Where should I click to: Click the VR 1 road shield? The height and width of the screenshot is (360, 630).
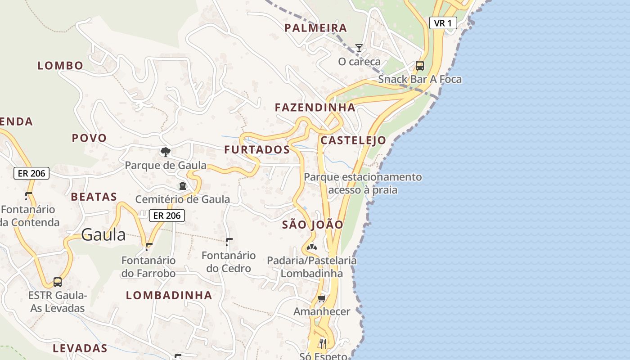pos(443,23)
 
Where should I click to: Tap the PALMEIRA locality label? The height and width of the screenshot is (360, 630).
pos(315,28)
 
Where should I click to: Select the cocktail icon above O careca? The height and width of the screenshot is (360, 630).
pos(359,48)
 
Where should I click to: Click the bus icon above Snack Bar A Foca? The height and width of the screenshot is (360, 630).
pos(420,66)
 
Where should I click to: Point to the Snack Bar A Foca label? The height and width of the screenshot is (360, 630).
pos(419,79)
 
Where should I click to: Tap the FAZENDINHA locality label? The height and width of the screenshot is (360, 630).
pos(315,108)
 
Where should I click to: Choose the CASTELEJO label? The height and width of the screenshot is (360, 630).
pos(353,140)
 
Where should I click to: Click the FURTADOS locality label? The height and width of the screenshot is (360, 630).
pos(257,150)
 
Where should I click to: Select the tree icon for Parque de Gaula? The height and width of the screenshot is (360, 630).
pos(166,152)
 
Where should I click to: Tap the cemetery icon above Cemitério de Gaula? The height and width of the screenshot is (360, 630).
pos(182,186)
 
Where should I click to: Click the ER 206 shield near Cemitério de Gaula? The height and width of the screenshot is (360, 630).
pos(167,216)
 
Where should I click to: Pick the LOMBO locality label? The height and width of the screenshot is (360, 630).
pos(60,66)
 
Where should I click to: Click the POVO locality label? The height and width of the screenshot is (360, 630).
pos(89,138)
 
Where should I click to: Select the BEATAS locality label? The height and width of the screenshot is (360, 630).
pos(94,197)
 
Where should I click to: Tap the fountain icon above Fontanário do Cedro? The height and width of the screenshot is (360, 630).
pos(229,242)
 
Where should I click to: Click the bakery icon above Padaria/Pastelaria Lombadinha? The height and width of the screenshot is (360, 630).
pos(311,247)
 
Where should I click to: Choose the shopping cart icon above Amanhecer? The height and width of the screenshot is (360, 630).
pos(321,298)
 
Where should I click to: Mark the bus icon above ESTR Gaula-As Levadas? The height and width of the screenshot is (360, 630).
pos(58,282)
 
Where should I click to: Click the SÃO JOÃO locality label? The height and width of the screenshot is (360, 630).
pos(312,225)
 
